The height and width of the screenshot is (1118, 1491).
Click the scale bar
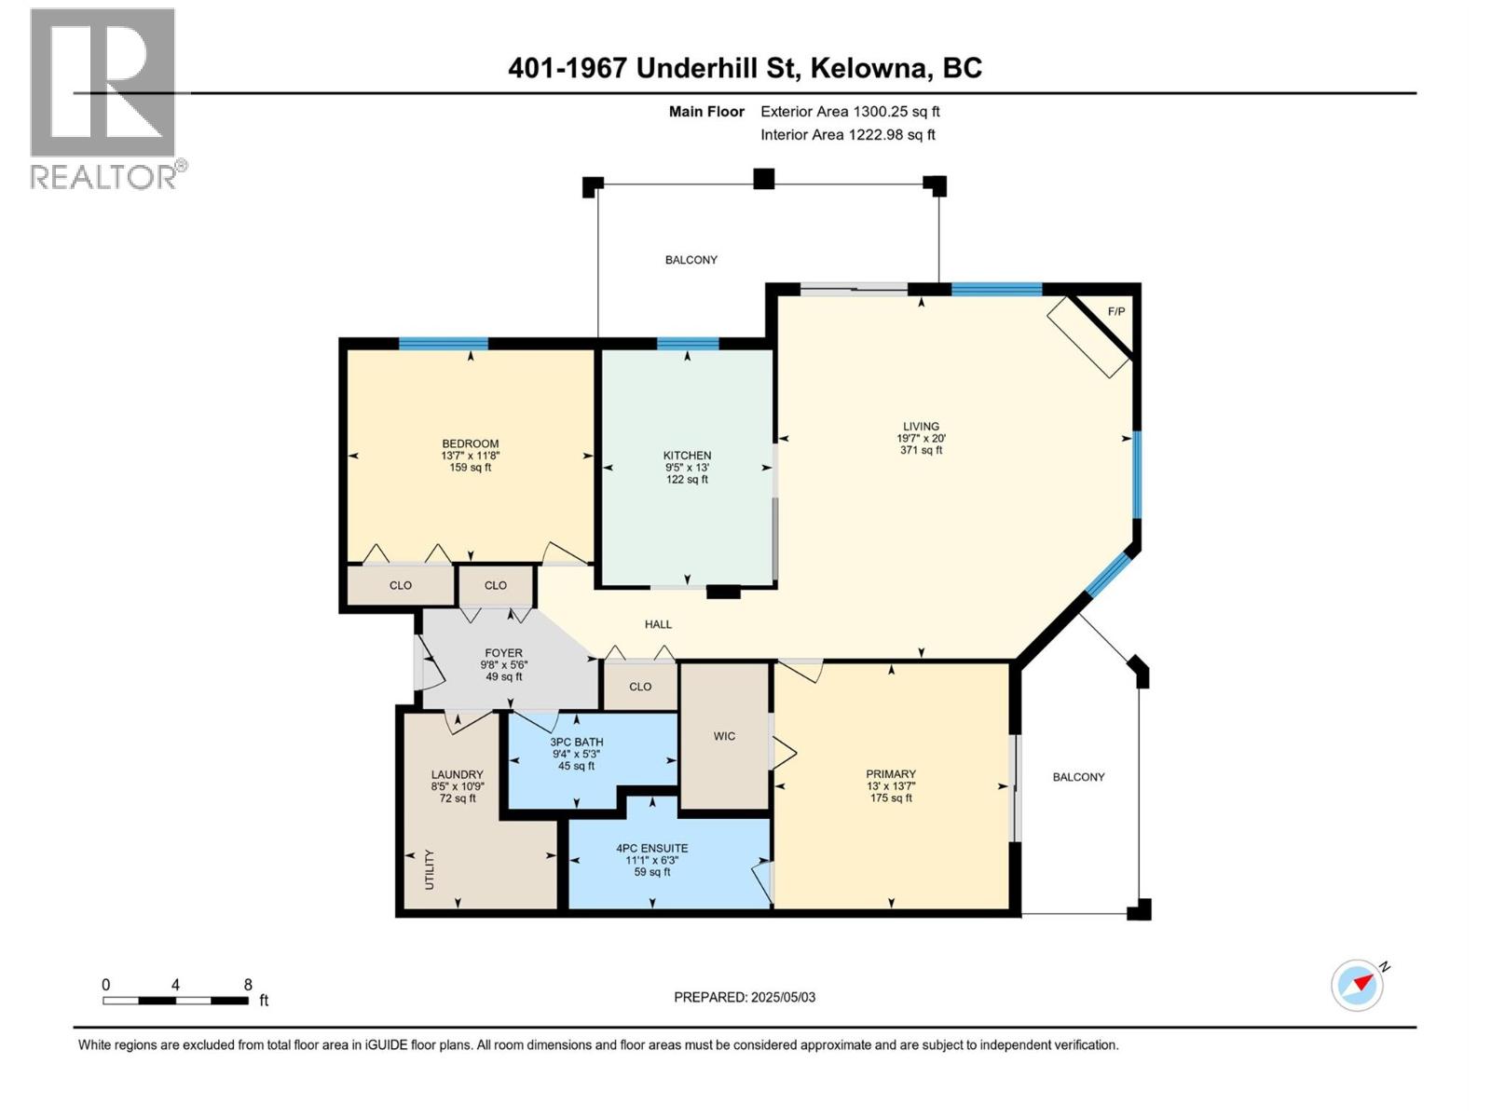[x=175, y=1001]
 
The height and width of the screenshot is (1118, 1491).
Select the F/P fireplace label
[x=1116, y=311]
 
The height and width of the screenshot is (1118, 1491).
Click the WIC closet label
[x=724, y=736]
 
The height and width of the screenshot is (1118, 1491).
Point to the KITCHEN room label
[x=687, y=456]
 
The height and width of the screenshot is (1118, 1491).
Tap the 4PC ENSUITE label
[x=651, y=848]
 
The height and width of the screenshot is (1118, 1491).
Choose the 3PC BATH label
[x=577, y=742]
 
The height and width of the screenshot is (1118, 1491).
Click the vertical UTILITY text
[x=429, y=869]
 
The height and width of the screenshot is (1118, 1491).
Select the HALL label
[x=658, y=624]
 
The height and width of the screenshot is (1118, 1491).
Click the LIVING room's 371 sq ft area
[x=921, y=449]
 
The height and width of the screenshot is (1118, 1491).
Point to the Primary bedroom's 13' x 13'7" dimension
[x=891, y=786]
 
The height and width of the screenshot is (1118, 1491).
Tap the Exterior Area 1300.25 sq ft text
[x=850, y=111]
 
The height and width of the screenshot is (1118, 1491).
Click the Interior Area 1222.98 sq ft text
[x=847, y=134]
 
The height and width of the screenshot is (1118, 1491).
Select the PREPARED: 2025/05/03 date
[x=745, y=997]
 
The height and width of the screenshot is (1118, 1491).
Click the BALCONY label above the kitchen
[x=691, y=259]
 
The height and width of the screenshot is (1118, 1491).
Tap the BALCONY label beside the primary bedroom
[x=1078, y=777]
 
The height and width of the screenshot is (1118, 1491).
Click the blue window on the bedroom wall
[x=443, y=344]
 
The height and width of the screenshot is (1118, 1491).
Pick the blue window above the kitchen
[x=688, y=344]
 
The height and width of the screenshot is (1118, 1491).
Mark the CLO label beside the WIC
[x=640, y=687]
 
